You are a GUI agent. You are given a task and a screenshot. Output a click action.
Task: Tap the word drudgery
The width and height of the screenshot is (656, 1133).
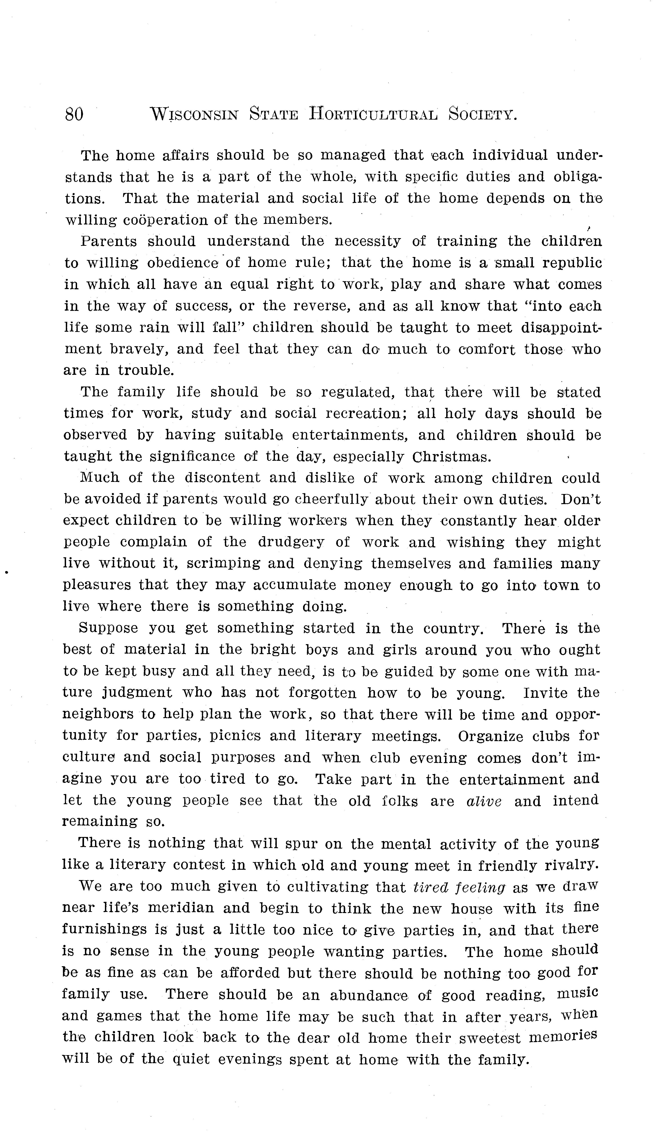tap(291, 542)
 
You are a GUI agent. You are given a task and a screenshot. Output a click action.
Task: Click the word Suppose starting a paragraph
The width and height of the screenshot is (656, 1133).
tap(108, 628)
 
